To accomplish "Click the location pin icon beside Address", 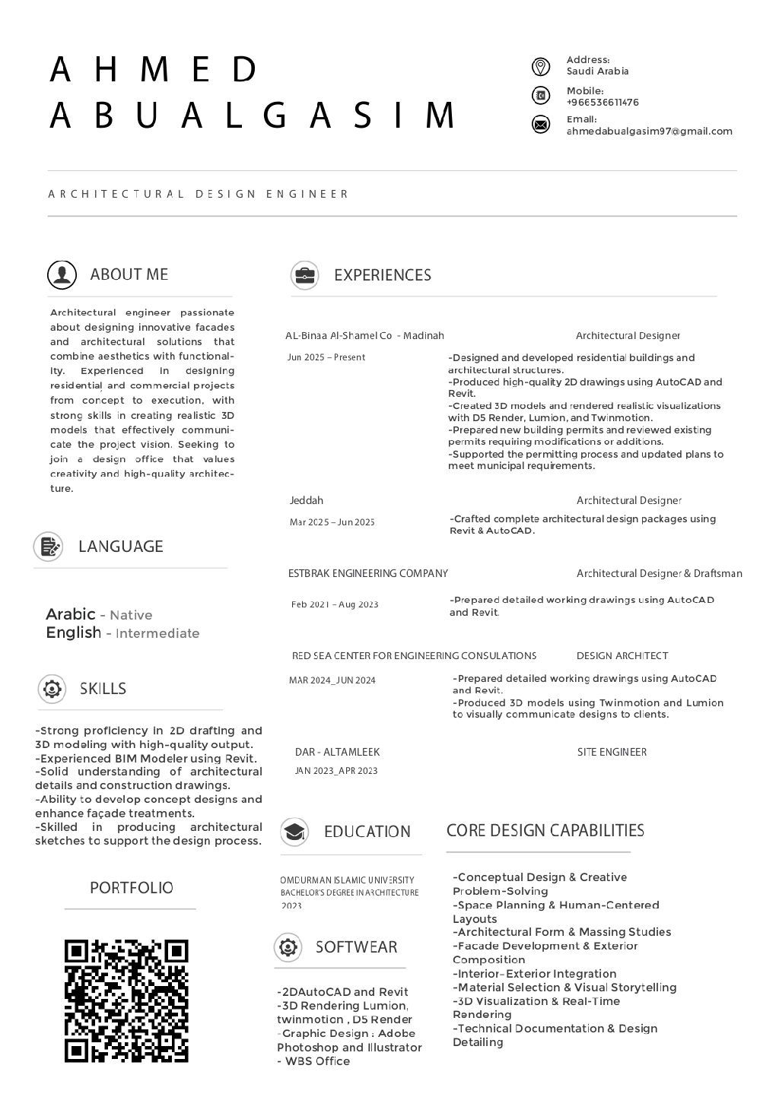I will coord(540,67).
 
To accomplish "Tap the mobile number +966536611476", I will coord(603,103).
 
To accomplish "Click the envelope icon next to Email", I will coord(540,125).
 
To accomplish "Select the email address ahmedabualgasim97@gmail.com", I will coord(649,132).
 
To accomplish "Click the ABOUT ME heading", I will coord(129,274).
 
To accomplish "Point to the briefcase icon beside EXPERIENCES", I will coord(304,275).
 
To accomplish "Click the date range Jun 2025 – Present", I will coord(326,357).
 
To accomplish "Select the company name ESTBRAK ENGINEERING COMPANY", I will coord(368,574).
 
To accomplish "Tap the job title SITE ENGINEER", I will coord(612,753).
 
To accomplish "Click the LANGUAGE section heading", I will coord(120,547).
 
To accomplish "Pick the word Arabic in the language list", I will coord(70,614).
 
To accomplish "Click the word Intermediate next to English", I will coord(157,633).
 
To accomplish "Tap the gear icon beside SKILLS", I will coord(52,689).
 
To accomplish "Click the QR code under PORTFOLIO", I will coord(126,1000).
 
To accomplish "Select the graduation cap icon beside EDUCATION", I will coord(294,832).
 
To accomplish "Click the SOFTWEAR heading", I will coord(356,947).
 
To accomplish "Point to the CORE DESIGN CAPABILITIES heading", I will coord(545,831).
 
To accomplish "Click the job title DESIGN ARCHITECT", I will coord(622,656).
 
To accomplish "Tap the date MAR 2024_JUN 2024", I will coord(332,680).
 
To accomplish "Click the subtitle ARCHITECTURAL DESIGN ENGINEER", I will coord(198,195).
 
